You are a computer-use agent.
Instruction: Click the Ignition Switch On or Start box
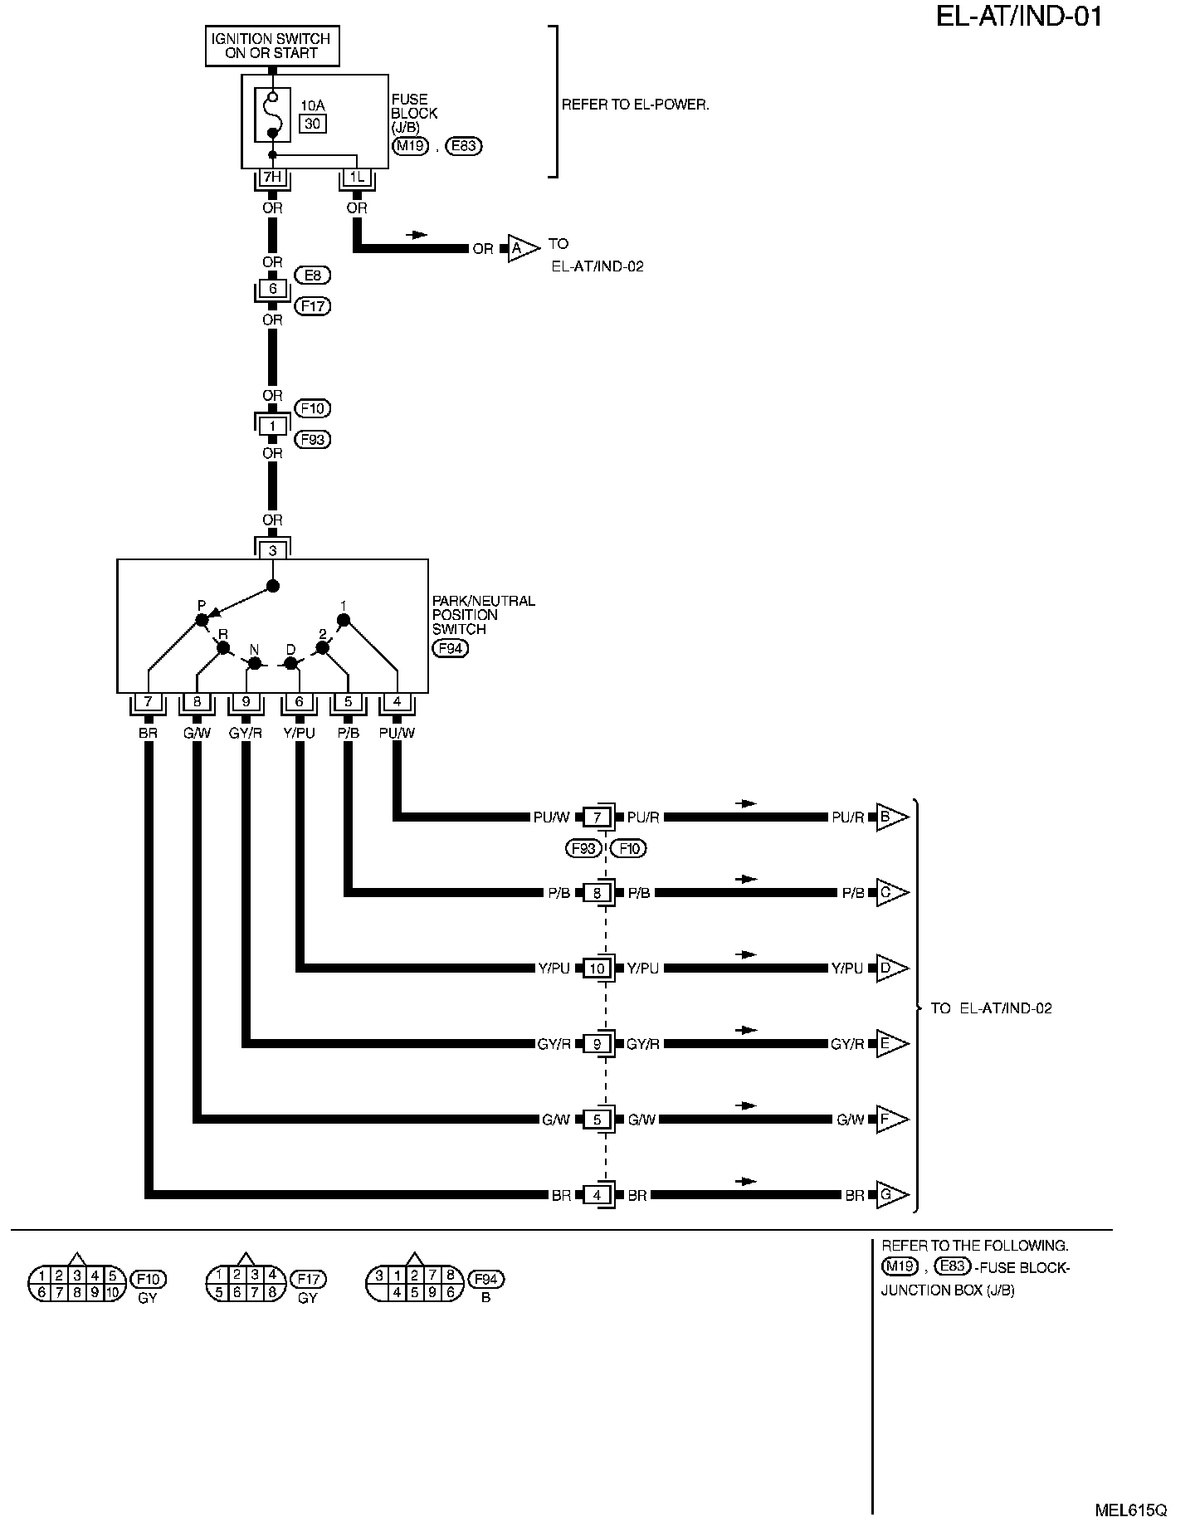click(x=271, y=46)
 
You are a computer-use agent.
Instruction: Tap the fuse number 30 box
click(x=313, y=124)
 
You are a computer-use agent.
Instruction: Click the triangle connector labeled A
click(x=521, y=248)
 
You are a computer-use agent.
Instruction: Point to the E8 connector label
click(x=312, y=274)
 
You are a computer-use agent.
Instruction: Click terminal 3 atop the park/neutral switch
click(x=272, y=550)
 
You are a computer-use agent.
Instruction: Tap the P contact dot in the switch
click(x=201, y=621)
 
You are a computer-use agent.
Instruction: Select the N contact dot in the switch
click(x=256, y=663)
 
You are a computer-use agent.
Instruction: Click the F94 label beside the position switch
click(x=450, y=648)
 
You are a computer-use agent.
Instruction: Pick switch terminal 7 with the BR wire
click(x=148, y=702)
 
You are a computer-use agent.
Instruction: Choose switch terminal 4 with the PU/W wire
click(x=397, y=702)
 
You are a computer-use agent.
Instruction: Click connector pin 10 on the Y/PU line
click(x=597, y=968)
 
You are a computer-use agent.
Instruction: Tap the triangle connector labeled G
click(x=891, y=1196)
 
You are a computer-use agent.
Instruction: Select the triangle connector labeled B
click(x=891, y=817)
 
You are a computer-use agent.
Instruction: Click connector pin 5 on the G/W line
click(x=597, y=1120)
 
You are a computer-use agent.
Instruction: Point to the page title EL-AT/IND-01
click(x=1019, y=17)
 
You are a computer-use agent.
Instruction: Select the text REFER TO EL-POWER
click(x=636, y=105)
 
